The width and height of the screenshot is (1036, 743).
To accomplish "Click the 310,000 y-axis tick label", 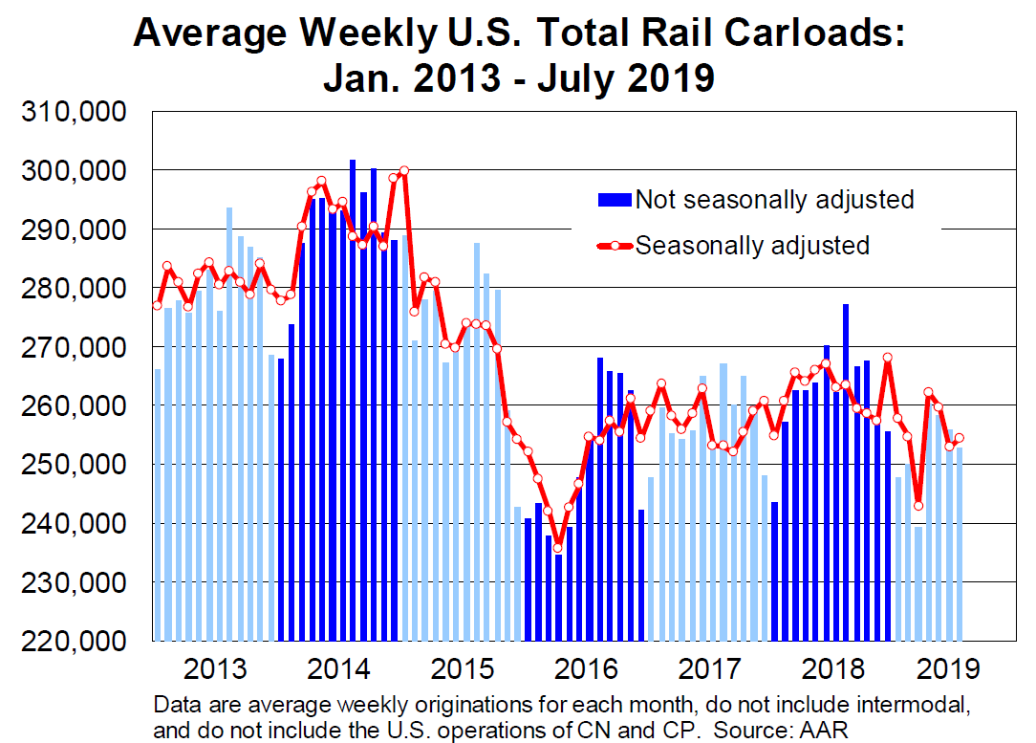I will [x=74, y=112].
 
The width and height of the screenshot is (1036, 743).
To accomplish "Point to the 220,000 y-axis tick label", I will [x=74, y=641].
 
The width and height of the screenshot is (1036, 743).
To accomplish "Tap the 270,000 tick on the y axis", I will [x=74, y=347].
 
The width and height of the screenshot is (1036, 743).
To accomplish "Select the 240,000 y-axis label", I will [x=74, y=523].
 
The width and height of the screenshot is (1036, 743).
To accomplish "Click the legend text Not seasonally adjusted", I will [x=774, y=200].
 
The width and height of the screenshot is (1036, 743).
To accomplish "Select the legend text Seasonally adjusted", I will [x=752, y=246].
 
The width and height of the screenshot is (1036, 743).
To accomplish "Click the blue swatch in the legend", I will [x=615, y=200].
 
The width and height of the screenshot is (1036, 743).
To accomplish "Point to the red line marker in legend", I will [x=615, y=246].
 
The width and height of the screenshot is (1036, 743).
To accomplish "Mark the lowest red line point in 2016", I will [x=558, y=548].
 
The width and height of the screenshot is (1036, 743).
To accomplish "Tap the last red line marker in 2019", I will [x=959, y=438].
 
